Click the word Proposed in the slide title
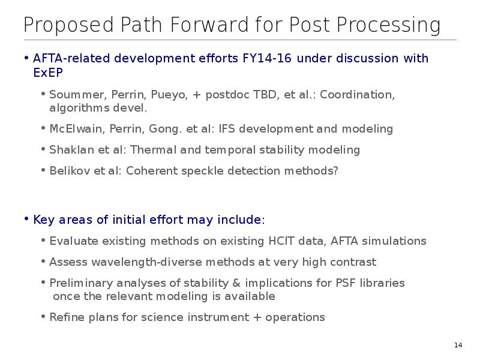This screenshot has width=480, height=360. [x=68, y=25]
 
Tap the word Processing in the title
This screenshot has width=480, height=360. [x=389, y=25]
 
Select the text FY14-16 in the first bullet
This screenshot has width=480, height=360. [x=267, y=58]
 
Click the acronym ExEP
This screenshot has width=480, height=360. [x=48, y=73]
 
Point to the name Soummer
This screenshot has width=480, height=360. [x=78, y=95]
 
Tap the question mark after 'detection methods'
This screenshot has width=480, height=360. [x=335, y=171]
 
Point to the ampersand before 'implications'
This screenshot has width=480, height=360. [x=236, y=283]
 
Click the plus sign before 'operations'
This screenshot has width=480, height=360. [x=257, y=317]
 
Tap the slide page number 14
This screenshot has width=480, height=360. [x=458, y=346]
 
